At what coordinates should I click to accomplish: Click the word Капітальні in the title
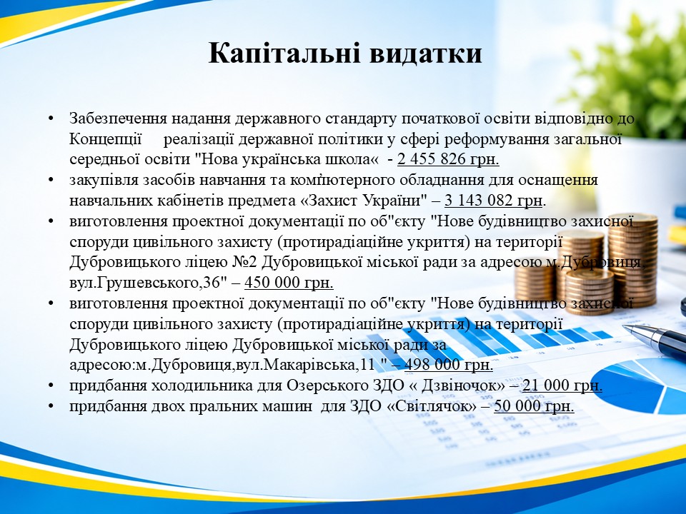point(284,54)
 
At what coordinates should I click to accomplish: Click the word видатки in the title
point(426,54)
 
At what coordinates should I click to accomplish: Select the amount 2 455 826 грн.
point(448,159)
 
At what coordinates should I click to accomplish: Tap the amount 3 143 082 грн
point(494,200)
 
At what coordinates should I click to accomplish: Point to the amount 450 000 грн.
point(289,283)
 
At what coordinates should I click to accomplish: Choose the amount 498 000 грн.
point(449,365)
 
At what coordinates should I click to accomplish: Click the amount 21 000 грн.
point(562,385)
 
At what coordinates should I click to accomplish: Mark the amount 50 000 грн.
point(534,406)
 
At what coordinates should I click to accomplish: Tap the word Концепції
point(106,139)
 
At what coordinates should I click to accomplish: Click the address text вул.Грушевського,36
point(144,283)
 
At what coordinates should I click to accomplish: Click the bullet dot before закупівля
point(51,181)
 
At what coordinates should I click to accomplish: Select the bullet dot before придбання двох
point(51,406)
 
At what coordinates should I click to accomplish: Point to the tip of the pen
point(624,326)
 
